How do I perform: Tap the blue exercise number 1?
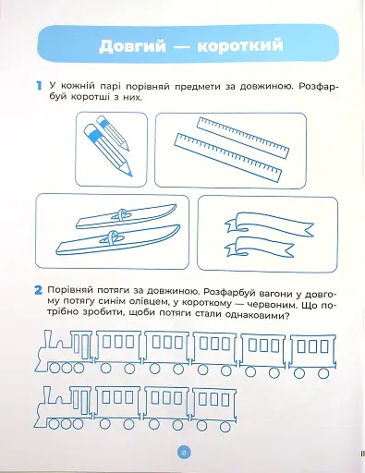click(x=37, y=86)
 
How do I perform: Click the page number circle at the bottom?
click(x=182, y=452)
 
